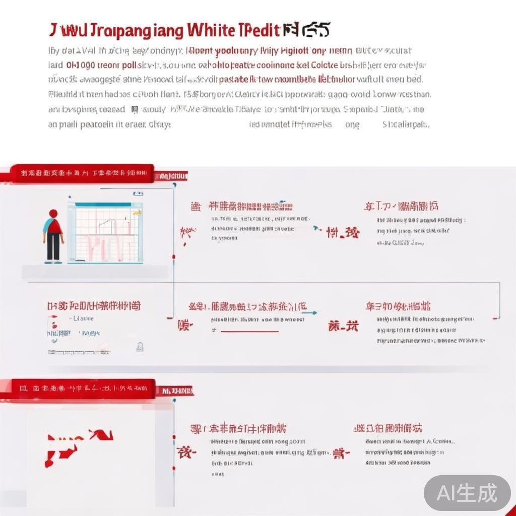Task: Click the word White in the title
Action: (210, 30)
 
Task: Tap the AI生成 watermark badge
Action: (467, 493)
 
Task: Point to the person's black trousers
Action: (53, 247)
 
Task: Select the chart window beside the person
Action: (108, 232)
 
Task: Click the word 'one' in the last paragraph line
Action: (352, 124)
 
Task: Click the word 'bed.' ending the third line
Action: (414, 79)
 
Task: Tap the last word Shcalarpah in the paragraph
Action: (406, 124)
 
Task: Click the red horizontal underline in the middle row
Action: (249, 332)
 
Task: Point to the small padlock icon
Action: (140, 346)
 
